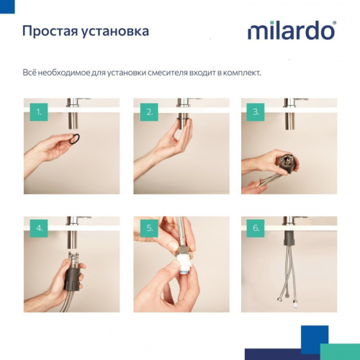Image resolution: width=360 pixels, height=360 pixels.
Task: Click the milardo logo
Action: pos(291,31)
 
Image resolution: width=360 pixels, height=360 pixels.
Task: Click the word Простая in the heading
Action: pos(49,32)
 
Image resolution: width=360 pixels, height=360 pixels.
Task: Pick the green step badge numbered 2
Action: pos(150,112)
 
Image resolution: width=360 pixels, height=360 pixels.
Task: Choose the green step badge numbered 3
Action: pos(256,112)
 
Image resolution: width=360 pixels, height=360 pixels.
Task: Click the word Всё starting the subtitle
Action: pos(32,73)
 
